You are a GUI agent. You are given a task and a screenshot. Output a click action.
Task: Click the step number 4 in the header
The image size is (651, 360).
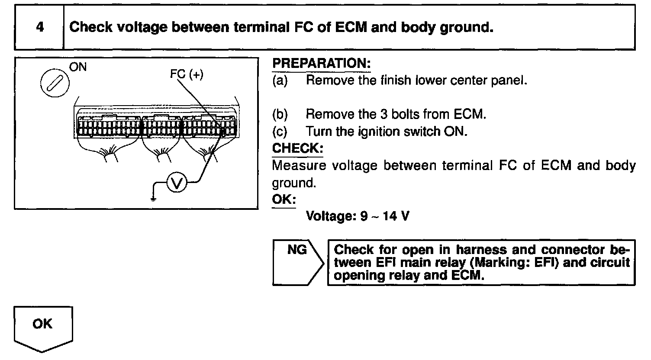(40, 27)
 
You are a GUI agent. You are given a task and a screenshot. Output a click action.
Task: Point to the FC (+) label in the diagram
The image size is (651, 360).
(186, 75)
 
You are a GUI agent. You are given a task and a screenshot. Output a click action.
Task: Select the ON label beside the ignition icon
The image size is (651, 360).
(78, 67)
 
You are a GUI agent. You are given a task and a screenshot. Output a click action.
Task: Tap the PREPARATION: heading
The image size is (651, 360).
(322, 64)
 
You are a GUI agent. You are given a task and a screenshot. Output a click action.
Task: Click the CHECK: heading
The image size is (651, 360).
(298, 148)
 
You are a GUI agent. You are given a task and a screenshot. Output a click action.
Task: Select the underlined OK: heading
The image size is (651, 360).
(284, 199)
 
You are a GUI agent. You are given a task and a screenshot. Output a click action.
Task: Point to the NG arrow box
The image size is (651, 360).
(298, 262)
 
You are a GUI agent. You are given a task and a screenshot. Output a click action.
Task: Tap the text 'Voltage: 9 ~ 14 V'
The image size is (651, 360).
(357, 215)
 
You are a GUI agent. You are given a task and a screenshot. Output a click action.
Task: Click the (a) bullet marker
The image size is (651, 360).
(280, 81)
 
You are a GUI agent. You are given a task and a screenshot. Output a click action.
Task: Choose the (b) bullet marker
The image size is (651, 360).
(280, 114)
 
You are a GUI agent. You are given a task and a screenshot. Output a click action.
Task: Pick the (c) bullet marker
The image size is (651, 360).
(280, 131)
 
